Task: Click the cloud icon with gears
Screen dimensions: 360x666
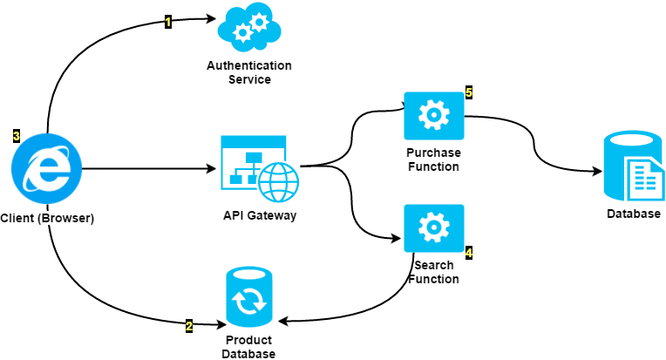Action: click(x=249, y=27)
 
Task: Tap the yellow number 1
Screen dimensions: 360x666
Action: click(x=168, y=22)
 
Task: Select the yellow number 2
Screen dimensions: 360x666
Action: click(x=189, y=326)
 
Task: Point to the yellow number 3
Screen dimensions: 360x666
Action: click(x=17, y=136)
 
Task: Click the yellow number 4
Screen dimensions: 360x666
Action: click(x=469, y=253)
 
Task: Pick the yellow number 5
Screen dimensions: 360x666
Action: click(x=469, y=92)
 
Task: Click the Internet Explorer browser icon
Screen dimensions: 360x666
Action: click(x=46, y=168)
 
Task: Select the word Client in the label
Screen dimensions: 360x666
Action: click(x=17, y=218)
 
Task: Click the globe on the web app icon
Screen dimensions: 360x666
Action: click(x=278, y=182)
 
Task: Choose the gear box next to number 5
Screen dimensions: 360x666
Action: click(x=433, y=115)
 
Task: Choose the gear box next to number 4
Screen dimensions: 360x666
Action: click(x=433, y=228)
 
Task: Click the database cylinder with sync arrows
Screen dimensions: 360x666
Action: click(x=248, y=296)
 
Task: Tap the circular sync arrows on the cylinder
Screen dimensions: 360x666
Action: click(x=248, y=302)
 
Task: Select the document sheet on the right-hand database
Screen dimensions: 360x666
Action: click(x=644, y=179)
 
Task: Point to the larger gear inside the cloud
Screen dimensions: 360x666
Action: click(x=259, y=22)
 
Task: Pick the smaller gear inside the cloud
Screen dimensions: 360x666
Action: click(x=242, y=33)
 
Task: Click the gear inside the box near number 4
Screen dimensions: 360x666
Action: click(x=433, y=228)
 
